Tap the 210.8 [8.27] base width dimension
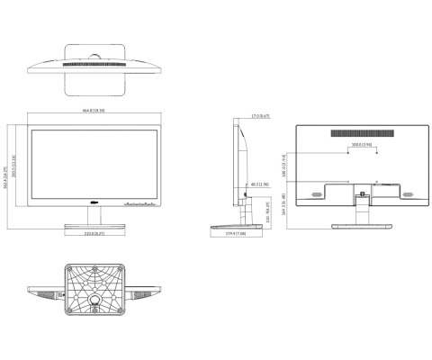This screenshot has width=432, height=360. (95, 233)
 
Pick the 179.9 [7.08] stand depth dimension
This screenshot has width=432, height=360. (236, 234)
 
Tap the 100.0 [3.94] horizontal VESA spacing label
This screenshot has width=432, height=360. (362, 144)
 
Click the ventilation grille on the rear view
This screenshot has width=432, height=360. (362, 132)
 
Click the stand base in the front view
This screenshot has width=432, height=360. (95, 225)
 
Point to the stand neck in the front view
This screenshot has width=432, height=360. (95, 217)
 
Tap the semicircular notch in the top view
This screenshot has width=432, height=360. (95, 58)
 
